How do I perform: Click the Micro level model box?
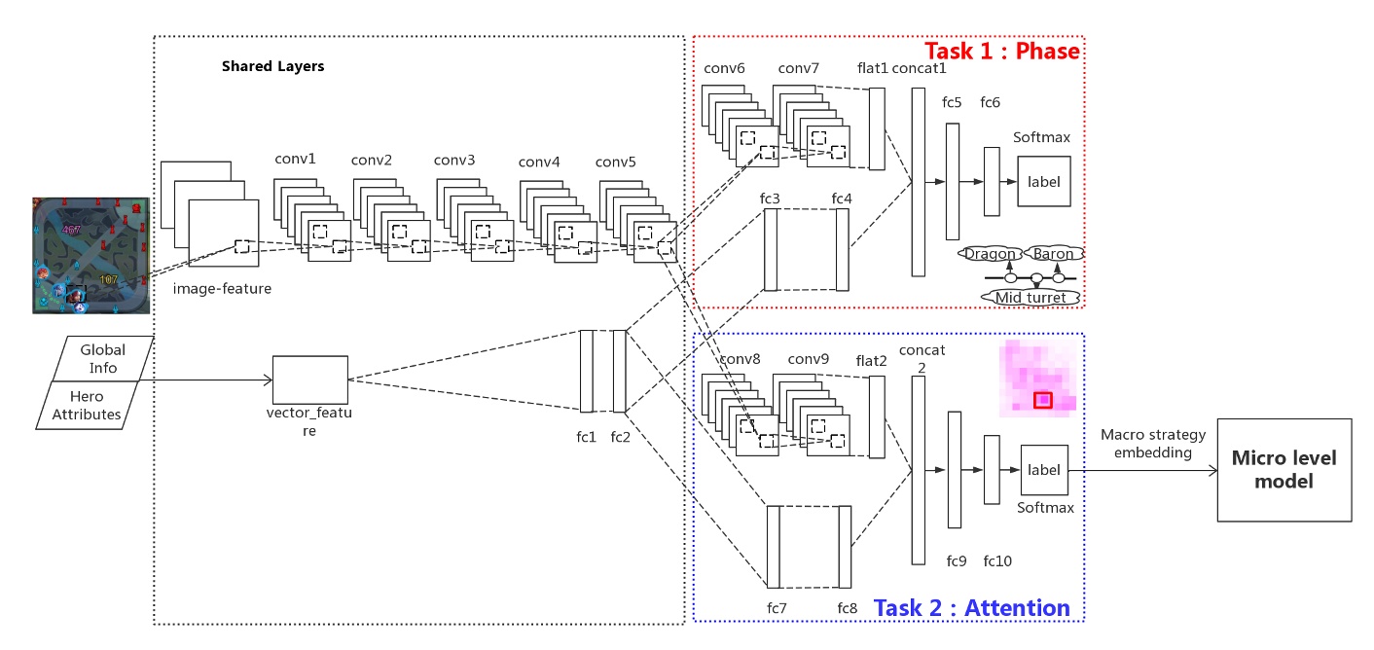(x=1284, y=469)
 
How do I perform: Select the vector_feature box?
(x=309, y=379)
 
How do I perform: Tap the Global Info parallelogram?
(x=100, y=358)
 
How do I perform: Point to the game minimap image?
(x=90, y=255)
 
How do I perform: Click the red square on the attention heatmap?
(x=1043, y=399)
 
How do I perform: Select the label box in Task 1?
(x=1043, y=181)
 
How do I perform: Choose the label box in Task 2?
(x=1044, y=470)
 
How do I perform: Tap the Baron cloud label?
(x=1053, y=254)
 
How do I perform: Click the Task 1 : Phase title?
(x=1001, y=51)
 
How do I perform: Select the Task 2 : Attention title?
(x=972, y=608)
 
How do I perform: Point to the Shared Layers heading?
(x=272, y=67)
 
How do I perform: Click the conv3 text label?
(x=455, y=160)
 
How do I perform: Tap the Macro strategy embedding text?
(x=1153, y=443)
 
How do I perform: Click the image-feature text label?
(x=222, y=288)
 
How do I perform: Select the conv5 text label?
(x=615, y=162)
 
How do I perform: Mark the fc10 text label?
(x=997, y=560)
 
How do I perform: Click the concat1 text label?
(x=920, y=68)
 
